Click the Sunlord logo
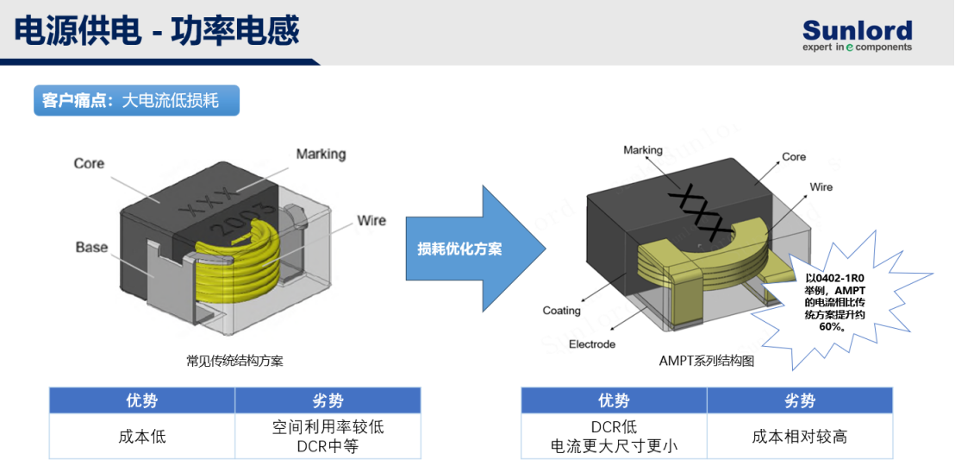point(857,35)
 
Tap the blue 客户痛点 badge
point(136,101)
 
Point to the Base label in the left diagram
point(91,247)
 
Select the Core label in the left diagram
point(89,163)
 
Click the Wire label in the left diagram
point(371,219)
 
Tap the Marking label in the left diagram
point(321,154)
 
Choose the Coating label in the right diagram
point(562,311)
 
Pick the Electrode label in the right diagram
point(592,344)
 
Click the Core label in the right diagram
point(794,157)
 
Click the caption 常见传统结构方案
point(234,361)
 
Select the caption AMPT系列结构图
point(707,361)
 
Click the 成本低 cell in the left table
point(142,437)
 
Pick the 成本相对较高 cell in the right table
point(800,437)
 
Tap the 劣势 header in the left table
point(328,400)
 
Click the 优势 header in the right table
point(614,400)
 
